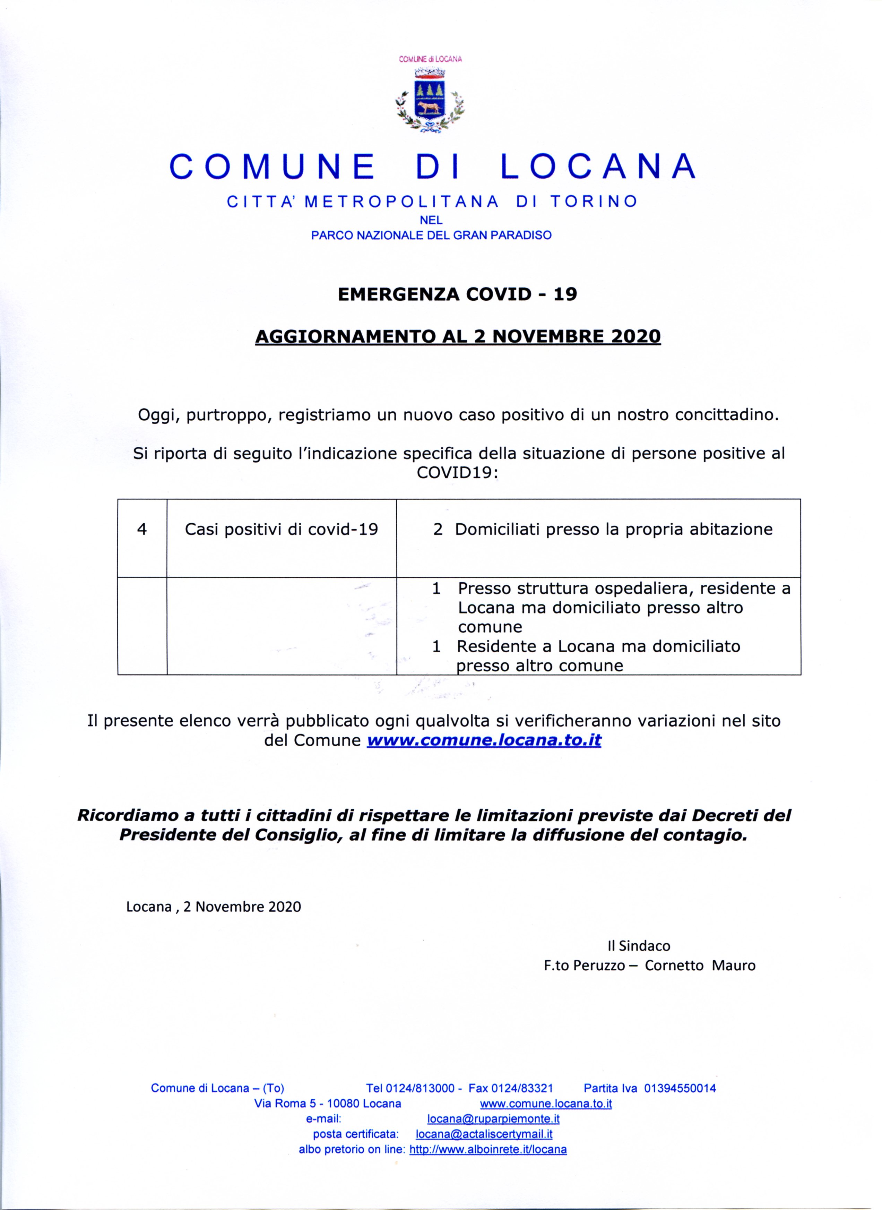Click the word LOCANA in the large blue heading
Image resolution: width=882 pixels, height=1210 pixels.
click(x=598, y=166)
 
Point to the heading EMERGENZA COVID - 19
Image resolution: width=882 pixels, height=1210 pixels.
click(x=458, y=294)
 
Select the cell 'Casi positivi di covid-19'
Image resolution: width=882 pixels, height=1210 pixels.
click(x=282, y=530)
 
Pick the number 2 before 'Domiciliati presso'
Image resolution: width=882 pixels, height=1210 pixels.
click(x=438, y=530)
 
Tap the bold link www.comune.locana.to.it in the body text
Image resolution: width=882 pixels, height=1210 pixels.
click(x=484, y=741)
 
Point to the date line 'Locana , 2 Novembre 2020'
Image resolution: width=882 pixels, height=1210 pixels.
click(x=214, y=907)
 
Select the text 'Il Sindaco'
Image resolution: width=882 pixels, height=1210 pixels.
click(x=639, y=946)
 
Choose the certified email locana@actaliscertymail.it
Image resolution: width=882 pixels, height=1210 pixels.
click(x=484, y=1134)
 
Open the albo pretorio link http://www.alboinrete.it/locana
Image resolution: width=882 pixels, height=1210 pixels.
click(x=487, y=1150)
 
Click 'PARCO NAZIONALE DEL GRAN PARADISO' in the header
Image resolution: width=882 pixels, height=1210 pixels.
click(x=431, y=235)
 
